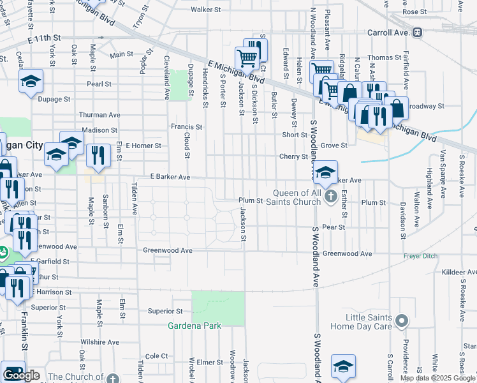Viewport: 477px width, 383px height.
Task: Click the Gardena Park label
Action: click(194, 326)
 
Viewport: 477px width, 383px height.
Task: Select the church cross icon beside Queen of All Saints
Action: click(330, 195)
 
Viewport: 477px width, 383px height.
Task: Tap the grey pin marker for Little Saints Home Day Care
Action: click(401, 320)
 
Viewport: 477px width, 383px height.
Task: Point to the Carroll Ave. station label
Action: click(388, 32)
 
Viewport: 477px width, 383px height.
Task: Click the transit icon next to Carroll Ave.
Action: click(417, 32)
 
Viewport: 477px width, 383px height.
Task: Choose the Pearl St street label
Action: click(99, 84)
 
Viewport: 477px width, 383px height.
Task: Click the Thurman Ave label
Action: click(99, 115)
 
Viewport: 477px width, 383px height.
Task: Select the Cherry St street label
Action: click(293, 156)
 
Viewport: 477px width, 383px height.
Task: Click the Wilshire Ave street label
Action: click(99, 342)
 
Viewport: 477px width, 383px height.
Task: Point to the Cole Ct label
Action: click(156, 356)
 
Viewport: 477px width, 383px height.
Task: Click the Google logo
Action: click(21, 375)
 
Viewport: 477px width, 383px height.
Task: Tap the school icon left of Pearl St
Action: click(30, 82)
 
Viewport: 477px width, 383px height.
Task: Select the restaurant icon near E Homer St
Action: click(98, 156)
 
